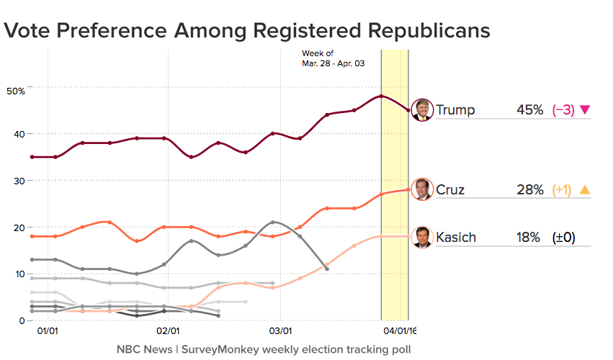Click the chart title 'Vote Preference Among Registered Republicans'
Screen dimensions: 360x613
coord(247,30)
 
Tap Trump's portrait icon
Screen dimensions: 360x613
coord(421,110)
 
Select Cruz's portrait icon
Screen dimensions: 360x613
coord(421,189)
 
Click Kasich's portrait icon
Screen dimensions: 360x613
coord(421,237)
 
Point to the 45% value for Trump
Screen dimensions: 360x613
coord(529,110)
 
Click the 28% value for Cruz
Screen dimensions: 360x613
coord(529,190)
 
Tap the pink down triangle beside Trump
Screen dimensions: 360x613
coord(585,110)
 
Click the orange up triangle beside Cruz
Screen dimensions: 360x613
coord(585,190)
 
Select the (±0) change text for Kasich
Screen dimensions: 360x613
coord(563,238)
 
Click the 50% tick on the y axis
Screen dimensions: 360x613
coord(15,91)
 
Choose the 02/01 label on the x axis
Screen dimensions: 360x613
coord(168,332)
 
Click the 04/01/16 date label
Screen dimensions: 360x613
coord(400,332)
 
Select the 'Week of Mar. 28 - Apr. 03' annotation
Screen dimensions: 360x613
coord(333,59)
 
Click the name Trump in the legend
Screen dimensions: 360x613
coord(455,110)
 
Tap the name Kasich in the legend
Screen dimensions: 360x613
coord(456,238)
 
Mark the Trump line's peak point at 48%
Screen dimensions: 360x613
coord(381,96)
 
